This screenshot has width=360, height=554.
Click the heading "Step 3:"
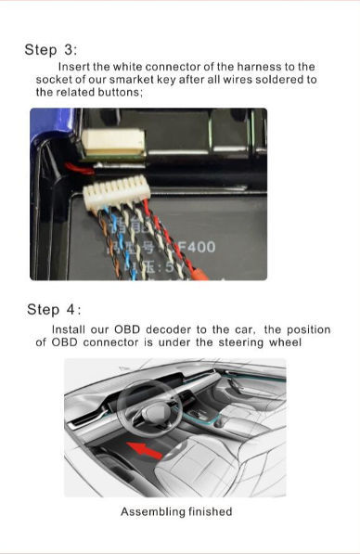pos(51,50)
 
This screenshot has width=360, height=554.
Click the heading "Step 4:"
pos(54,309)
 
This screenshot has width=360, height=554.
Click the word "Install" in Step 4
pos(71,329)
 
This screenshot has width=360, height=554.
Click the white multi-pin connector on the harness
pos(116,194)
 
